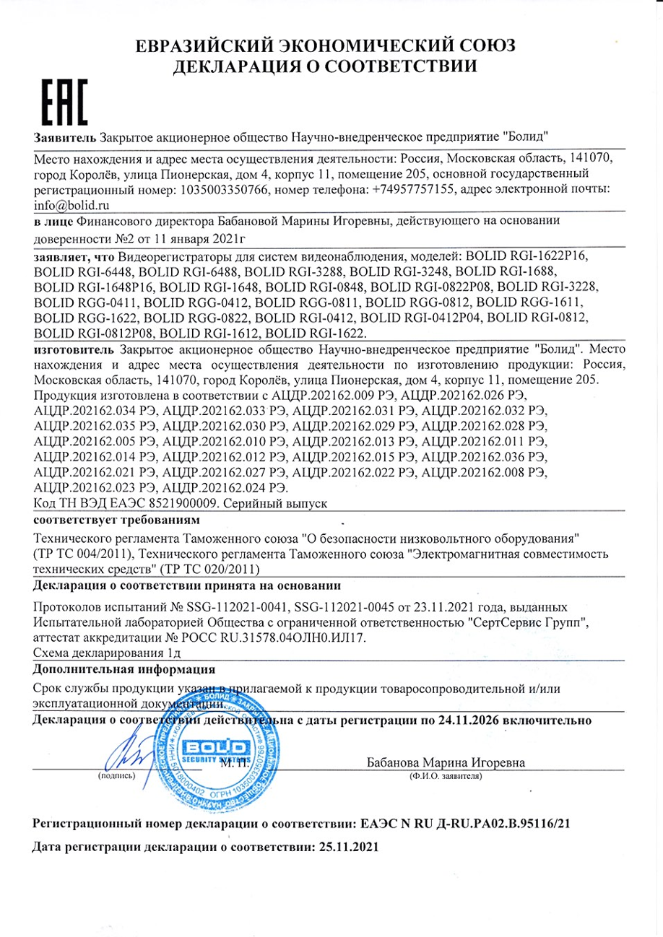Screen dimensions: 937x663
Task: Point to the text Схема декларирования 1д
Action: tap(106, 653)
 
